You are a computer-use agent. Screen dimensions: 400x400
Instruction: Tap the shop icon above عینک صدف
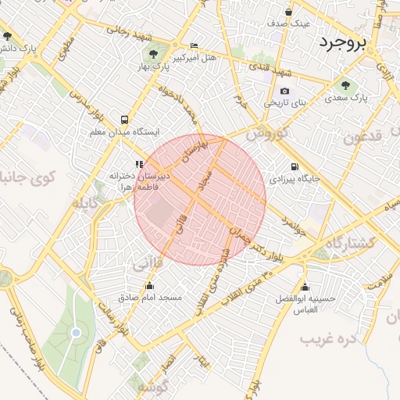coord(289,12)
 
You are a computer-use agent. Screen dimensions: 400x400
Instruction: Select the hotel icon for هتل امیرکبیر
coord(195,45)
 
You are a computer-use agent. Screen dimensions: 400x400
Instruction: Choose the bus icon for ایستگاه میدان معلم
coord(124,120)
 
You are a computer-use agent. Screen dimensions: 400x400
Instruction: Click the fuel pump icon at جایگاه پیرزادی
coord(294,166)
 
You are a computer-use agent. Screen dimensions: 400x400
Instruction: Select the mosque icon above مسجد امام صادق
coord(150,286)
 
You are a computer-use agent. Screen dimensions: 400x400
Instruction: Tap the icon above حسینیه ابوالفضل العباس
coord(304,287)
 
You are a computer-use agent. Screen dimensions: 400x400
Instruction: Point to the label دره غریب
coord(329,339)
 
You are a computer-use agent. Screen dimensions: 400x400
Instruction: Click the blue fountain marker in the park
coord(76,333)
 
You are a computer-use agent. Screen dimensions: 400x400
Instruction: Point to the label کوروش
coord(268,134)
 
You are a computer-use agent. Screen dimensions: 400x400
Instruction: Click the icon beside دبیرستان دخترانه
coord(139,164)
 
